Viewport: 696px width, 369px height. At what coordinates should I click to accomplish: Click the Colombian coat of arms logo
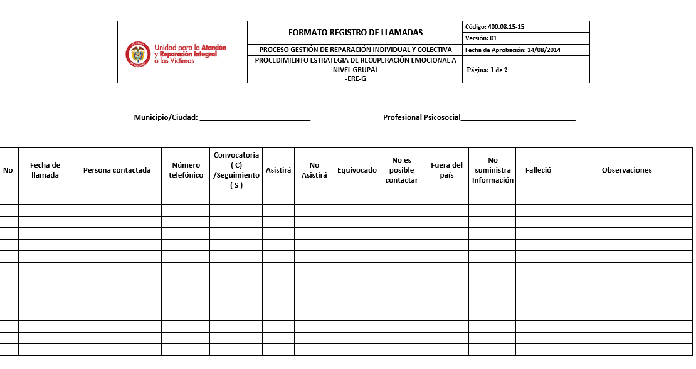tap(137, 53)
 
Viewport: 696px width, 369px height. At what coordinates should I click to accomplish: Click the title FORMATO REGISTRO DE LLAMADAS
tap(355, 32)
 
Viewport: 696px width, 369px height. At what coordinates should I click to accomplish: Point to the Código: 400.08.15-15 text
tap(495, 27)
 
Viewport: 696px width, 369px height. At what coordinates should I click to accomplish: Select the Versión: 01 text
tap(482, 38)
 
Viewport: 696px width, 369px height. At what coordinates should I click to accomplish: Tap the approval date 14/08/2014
tap(544, 50)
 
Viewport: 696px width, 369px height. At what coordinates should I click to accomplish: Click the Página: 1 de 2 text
tap(487, 70)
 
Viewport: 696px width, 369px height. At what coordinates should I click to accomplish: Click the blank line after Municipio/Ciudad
tap(255, 118)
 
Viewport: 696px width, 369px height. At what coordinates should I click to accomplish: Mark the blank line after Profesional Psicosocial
tap(518, 118)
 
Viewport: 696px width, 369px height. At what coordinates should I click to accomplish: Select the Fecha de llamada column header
tap(45, 170)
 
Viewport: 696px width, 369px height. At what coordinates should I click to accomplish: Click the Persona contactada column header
tap(117, 170)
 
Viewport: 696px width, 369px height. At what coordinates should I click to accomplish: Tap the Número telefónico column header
tap(186, 170)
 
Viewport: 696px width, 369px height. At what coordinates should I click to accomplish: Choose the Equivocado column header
tap(357, 170)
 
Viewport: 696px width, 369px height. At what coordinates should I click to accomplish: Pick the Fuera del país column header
tap(446, 170)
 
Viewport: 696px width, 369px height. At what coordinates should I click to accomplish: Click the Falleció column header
tap(538, 170)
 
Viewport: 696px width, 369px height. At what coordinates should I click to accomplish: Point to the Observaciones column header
tap(626, 170)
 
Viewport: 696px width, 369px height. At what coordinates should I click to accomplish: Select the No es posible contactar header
tap(401, 170)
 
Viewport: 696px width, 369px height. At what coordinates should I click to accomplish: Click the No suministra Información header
tap(492, 170)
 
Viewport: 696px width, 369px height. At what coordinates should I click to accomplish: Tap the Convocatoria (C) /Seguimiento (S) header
tap(236, 170)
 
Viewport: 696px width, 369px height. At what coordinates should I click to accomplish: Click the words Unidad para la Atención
tap(190, 48)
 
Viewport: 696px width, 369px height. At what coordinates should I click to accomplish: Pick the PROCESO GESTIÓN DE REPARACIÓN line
tap(355, 50)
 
